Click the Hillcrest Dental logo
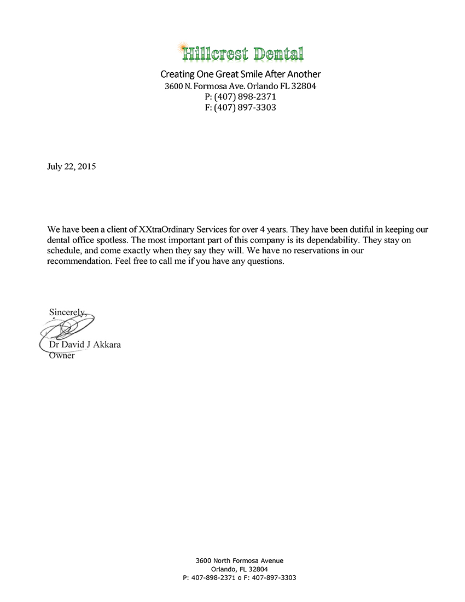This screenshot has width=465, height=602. click(242, 53)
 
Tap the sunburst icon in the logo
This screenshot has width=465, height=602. click(183, 49)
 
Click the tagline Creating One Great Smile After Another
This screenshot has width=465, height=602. click(240, 74)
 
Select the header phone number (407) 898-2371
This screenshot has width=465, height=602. click(245, 97)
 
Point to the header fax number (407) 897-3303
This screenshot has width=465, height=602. click(245, 108)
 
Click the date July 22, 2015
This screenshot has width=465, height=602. click(71, 167)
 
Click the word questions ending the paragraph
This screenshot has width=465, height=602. click(266, 262)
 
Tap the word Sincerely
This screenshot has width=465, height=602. click(67, 312)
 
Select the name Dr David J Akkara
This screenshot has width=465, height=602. click(85, 345)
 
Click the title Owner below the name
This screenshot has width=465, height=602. click(61, 356)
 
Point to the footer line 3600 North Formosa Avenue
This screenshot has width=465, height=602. click(240, 560)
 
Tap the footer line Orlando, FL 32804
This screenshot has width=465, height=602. click(240, 569)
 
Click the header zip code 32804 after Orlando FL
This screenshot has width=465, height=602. click(304, 86)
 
